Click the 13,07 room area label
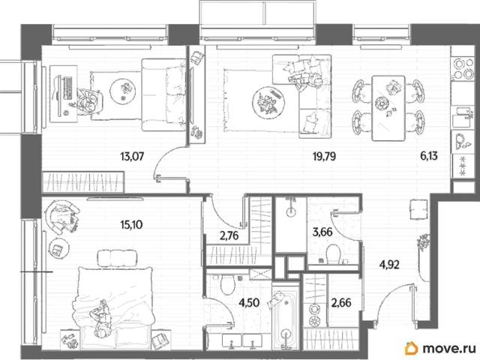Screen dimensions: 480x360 tap(132, 157)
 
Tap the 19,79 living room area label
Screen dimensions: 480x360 tap(324, 157)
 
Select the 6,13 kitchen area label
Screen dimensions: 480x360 tap(428, 157)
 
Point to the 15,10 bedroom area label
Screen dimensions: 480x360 tap(131, 225)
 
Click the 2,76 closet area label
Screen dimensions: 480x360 tap(229, 236)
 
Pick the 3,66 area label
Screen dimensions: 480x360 tap(322, 232)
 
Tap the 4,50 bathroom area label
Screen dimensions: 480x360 tap(249, 303)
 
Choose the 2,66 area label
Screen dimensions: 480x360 tap(341, 303)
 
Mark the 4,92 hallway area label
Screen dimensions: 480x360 tap(389, 264)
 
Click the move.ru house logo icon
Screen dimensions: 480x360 tap(411, 348)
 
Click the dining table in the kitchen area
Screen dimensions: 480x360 tap(388, 108)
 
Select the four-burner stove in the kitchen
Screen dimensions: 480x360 tap(462, 68)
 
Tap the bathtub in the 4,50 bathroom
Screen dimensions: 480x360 tap(285, 318)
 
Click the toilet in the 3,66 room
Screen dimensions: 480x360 tap(333, 253)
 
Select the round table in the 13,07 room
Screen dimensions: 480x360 tap(123, 91)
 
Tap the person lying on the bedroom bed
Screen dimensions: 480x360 tap(100, 318)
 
